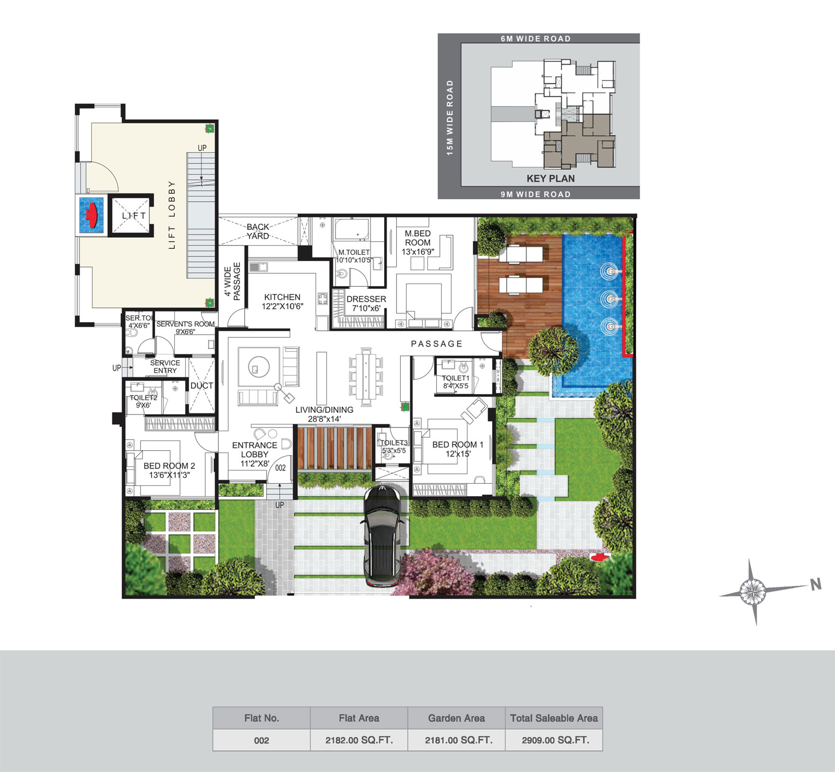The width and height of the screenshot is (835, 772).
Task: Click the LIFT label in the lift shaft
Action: tap(134, 215)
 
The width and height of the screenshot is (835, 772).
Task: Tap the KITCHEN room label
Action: tap(282, 297)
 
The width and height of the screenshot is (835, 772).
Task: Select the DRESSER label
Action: tap(366, 299)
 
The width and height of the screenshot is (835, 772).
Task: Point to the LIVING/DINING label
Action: tap(324, 410)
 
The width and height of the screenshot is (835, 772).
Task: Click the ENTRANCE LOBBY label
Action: tap(255, 450)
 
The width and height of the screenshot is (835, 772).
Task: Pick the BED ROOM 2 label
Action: tap(169, 466)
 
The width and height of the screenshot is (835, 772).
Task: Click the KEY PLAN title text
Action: tap(551, 178)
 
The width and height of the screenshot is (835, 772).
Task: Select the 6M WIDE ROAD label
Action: tap(535, 39)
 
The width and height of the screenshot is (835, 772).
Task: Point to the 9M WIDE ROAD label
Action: tap(535, 194)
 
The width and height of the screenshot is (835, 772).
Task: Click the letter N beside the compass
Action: tap(816, 584)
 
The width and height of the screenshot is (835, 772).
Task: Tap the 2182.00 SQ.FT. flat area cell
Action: tap(359, 740)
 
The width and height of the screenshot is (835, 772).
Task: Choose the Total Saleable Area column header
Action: tap(554, 718)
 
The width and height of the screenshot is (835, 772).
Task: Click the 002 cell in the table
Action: tap(261, 740)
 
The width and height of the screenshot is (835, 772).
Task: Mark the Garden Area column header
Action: tap(456, 718)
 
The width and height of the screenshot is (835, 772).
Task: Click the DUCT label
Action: tap(201, 386)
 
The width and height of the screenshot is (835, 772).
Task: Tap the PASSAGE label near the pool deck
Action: tap(437, 344)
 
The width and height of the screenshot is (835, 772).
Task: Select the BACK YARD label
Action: tap(258, 231)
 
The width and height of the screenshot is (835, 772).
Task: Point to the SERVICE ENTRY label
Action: tap(165, 366)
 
